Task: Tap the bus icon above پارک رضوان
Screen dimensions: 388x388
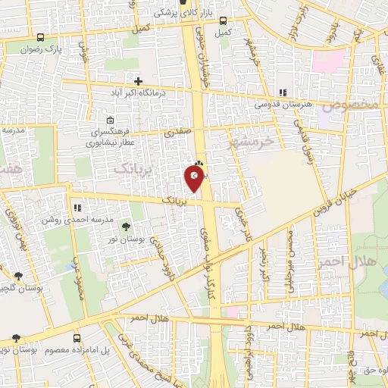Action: pos(40,37)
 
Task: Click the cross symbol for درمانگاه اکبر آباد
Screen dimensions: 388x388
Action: pos(138,80)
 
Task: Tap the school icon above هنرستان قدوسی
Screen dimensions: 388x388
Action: pos(283,92)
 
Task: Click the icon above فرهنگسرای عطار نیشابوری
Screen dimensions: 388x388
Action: pos(111,120)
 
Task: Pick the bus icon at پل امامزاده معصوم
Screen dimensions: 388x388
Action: pos(77,338)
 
